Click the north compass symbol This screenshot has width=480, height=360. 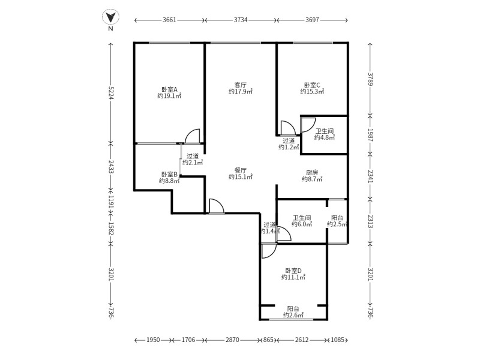(x=110, y=19)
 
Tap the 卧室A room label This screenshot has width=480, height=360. (x=169, y=88)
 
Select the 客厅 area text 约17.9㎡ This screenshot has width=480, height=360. (x=240, y=92)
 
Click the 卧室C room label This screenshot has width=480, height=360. (x=312, y=85)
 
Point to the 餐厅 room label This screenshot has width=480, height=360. (x=240, y=170)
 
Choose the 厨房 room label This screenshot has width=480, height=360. (x=312, y=171)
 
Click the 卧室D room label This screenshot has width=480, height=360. (x=294, y=270)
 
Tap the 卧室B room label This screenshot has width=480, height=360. (x=169, y=174)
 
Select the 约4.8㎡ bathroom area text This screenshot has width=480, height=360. (x=324, y=137)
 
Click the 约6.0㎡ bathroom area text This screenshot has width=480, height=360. (x=302, y=224)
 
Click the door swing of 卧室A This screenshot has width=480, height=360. (x=193, y=137)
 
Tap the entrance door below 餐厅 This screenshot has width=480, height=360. (x=216, y=206)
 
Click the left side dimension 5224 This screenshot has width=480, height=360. (x=110, y=92)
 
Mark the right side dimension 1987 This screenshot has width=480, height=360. (x=370, y=134)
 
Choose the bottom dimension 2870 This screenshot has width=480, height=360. (x=232, y=340)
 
